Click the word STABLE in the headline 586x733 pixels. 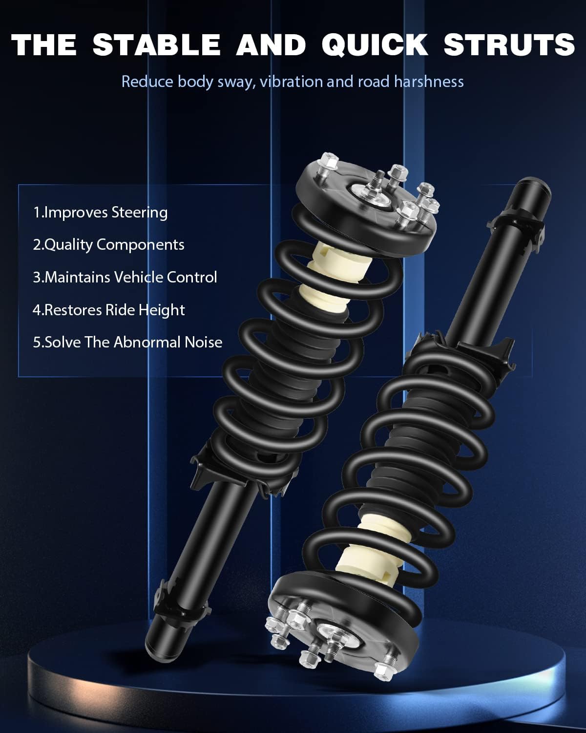pos(156,44)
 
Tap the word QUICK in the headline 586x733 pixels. pos(375,44)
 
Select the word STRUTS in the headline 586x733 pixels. pos(509,44)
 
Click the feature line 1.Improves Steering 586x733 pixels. pos(100,212)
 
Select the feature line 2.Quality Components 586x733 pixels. pos(108,244)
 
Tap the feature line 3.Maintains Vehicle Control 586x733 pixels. pos(125,277)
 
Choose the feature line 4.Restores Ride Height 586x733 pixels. pos(108,310)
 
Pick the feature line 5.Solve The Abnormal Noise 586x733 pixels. pos(127,342)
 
